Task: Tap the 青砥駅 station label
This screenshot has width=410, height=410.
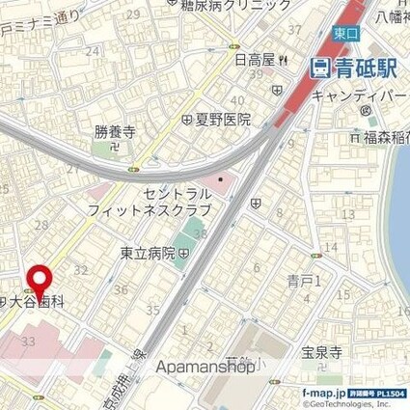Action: click(x=351, y=68)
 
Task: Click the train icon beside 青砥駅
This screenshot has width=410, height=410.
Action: click(x=318, y=68)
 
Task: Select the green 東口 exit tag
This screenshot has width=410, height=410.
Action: click(x=344, y=33)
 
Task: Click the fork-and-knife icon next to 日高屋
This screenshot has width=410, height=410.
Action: click(x=283, y=60)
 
